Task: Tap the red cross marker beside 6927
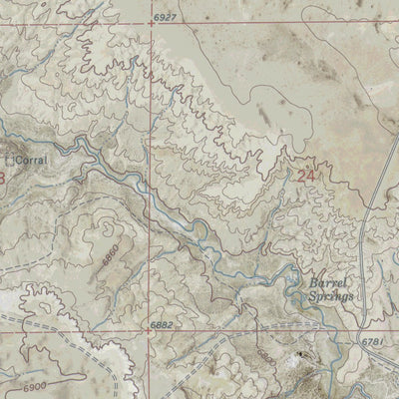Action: pos(155,18)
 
